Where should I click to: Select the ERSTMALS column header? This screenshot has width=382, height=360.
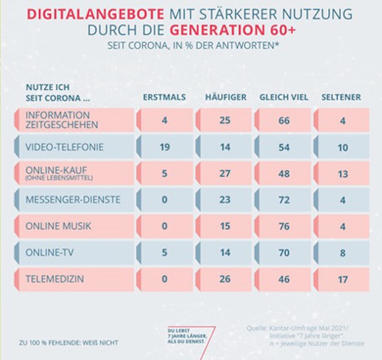click(x=164, y=97)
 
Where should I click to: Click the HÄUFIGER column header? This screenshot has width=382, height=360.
click(x=225, y=97)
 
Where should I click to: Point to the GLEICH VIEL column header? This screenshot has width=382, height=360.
click(x=283, y=97)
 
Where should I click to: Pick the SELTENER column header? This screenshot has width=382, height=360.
click(x=342, y=97)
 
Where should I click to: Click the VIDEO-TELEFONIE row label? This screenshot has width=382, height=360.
click(x=64, y=147)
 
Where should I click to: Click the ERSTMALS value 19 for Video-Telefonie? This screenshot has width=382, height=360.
click(x=164, y=147)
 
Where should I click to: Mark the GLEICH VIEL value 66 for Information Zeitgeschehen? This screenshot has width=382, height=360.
click(x=284, y=120)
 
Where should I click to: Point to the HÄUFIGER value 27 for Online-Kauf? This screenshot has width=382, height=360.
click(x=225, y=173)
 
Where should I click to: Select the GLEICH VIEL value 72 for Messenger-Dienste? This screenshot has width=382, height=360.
click(x=284, y=200)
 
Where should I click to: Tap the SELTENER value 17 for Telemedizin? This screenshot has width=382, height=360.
click(x=342, y=280)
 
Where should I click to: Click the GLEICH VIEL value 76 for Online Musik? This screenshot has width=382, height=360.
click(x=284, y=227)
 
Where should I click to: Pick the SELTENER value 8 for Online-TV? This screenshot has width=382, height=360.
click(x=342, y=253)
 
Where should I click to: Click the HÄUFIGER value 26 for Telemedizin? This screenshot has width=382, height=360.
click(x=225, y=280)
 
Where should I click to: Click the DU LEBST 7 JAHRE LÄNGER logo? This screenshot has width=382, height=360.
click(x=189, y=336)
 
